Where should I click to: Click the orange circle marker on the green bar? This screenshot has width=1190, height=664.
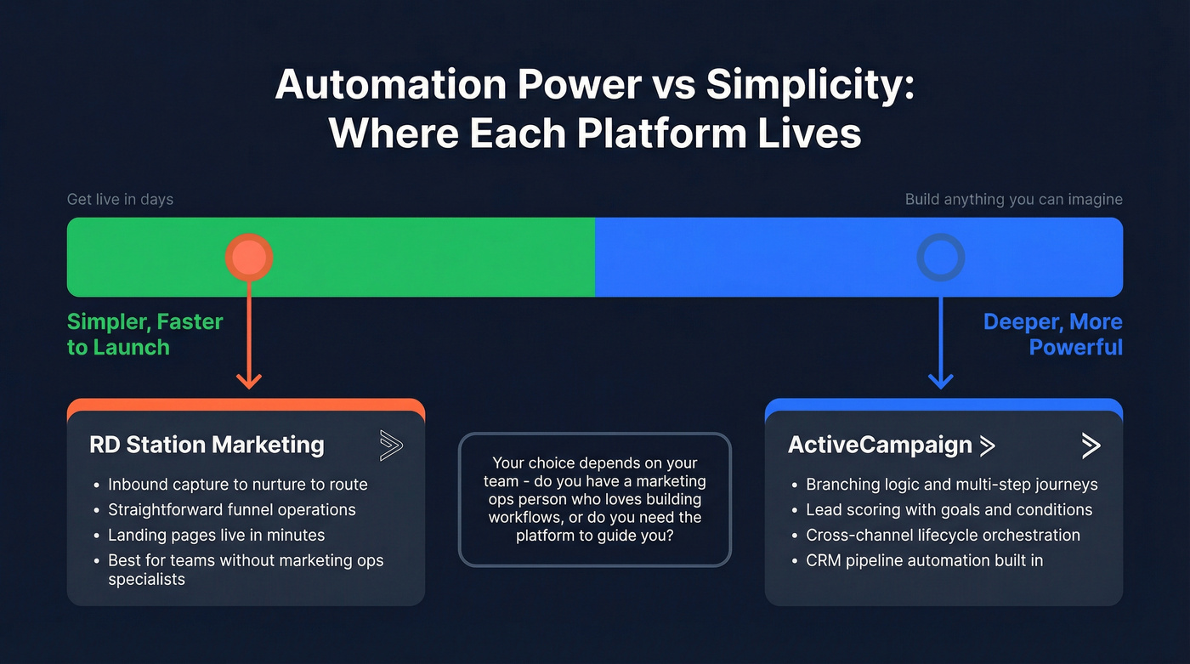point(248,257)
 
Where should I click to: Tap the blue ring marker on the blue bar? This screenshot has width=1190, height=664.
point(940,257)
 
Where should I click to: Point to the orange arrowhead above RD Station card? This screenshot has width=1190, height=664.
point(248,379)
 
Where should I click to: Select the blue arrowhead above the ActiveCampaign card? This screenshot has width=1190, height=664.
point(940,379)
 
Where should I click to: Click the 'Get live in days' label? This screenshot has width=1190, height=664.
point(120,200)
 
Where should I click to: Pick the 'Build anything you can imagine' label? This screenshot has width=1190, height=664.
point(1013,200)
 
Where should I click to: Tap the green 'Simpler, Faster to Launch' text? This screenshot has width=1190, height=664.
point(144,334)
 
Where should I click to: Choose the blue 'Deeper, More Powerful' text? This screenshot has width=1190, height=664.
point(1052,334)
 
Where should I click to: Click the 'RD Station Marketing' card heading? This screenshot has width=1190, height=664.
point(207,445)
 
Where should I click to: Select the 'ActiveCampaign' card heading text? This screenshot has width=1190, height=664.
point(880,445)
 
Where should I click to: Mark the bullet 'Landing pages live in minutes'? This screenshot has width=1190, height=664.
point(216,536)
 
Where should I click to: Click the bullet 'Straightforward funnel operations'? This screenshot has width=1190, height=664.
point(231,510)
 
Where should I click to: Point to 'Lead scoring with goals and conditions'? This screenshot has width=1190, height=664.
point(949,510)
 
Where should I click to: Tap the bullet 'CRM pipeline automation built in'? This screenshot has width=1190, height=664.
point(924,560)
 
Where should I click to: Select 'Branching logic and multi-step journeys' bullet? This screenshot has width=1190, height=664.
point(951,485)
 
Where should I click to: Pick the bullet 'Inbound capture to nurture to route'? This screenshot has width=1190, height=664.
point(237,485)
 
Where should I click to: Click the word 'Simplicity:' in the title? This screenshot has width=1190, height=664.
point(810,86)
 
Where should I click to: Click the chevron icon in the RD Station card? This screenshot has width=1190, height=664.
point(391,445)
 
